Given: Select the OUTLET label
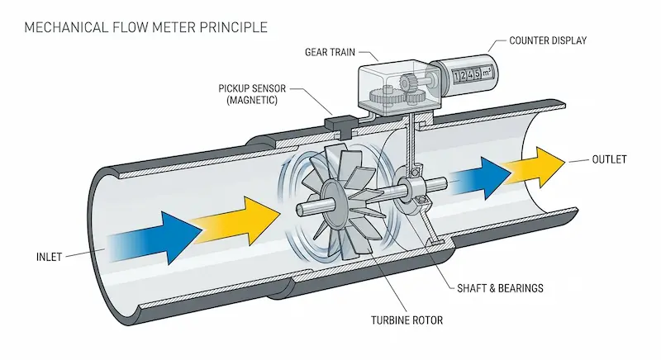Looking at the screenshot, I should click(611, 159).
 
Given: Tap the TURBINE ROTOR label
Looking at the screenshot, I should click(352, 318).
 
